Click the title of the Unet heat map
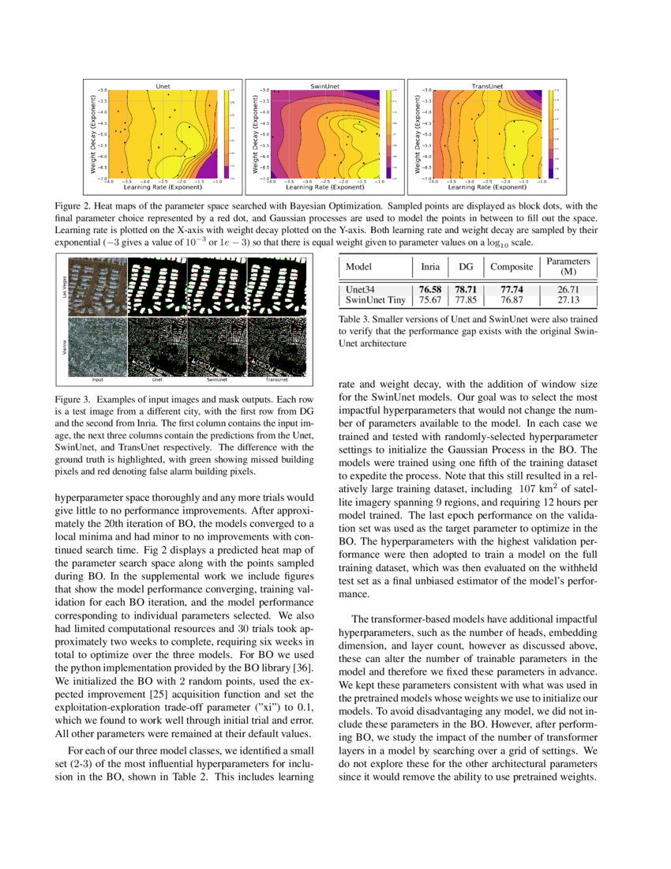163,85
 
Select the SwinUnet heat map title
324,85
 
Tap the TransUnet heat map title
487,85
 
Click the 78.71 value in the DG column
466,290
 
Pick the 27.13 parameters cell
568,300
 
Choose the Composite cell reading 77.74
511,290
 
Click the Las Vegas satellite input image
97,286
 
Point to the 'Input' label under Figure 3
97,379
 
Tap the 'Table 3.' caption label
357,320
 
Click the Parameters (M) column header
568,266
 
